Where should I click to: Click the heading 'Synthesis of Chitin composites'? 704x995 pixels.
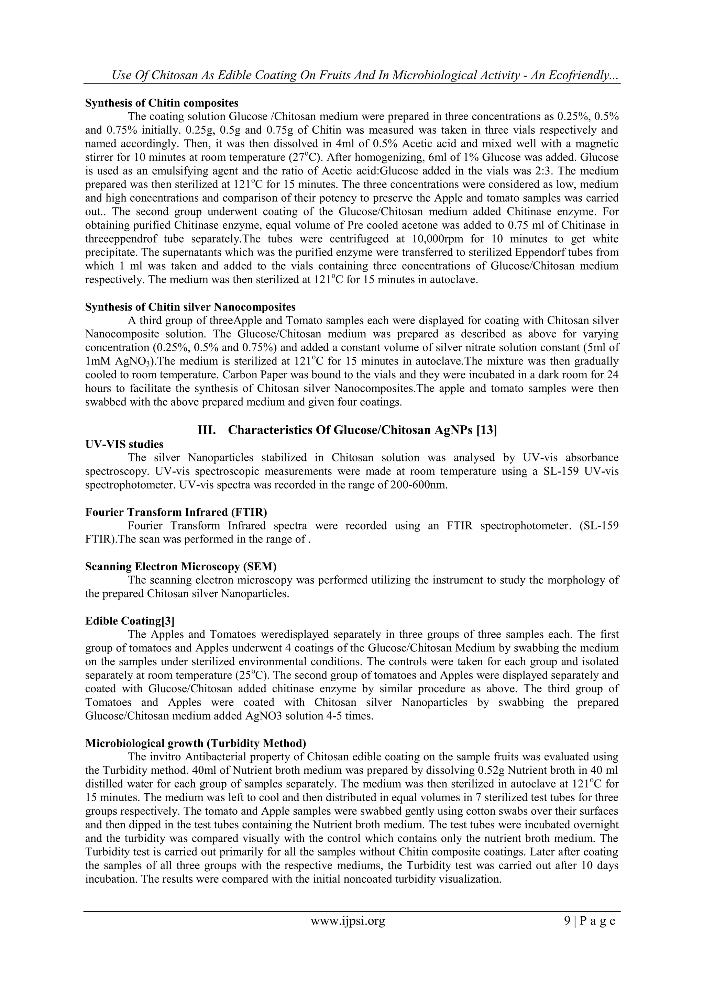point(162,103)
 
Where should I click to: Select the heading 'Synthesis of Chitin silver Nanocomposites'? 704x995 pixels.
point(190,307)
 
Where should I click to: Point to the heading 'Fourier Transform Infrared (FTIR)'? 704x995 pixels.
point(176,512)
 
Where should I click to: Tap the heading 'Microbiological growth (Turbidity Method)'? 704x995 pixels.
point(196,743)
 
